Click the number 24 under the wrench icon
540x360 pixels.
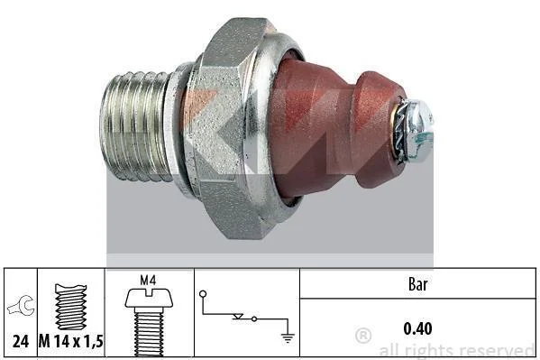[x=21, y=341]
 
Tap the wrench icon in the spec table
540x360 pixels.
[x=22, y=306]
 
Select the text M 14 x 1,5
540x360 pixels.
[x=70, y=341]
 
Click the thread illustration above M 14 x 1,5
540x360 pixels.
[x=70, y=307]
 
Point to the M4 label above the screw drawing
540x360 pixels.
[x=148, y=281]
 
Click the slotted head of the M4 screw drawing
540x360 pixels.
[x=149, y=299]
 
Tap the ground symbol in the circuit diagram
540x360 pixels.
[x=288, y=338]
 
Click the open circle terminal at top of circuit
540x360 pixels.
[x=203, y=294]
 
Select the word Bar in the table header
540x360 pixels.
[x=417, y=284]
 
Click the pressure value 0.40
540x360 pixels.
[x=417, y=328]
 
